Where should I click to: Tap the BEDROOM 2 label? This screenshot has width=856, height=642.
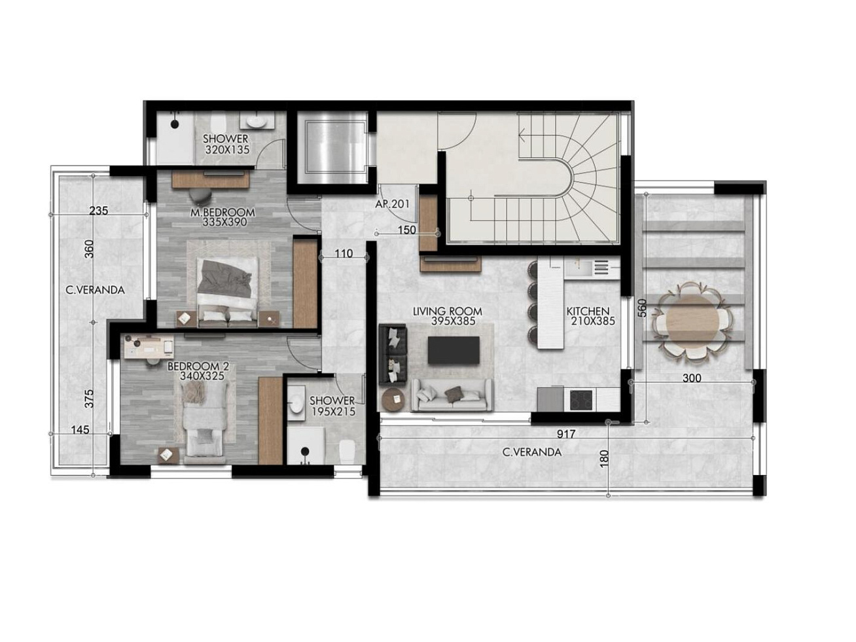[x=198, y=366]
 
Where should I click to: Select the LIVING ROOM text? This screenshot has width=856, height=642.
[x=447, y=311]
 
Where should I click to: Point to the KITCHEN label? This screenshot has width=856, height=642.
[x=588, y=311]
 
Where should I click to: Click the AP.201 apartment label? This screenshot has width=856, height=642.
[x=393, y=204]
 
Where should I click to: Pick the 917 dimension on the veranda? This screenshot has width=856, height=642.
[x=566, y=434]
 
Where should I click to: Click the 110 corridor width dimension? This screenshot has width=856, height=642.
[x=344, y=253]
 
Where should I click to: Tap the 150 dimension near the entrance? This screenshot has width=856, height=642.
[x=407, y=230]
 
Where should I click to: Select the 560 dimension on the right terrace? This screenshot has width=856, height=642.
[x=643, y=308]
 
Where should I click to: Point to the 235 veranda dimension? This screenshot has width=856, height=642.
[x=99, y=211]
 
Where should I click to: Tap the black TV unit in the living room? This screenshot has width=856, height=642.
[x=454, y=350]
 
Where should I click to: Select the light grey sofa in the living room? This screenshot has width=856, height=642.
[x=452, y=395]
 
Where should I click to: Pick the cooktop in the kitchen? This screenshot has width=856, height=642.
[x=580, y=400]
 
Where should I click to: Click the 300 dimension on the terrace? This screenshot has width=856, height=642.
[x=692, y=378]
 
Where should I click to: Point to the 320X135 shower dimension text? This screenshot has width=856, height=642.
[x=227, y=149]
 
